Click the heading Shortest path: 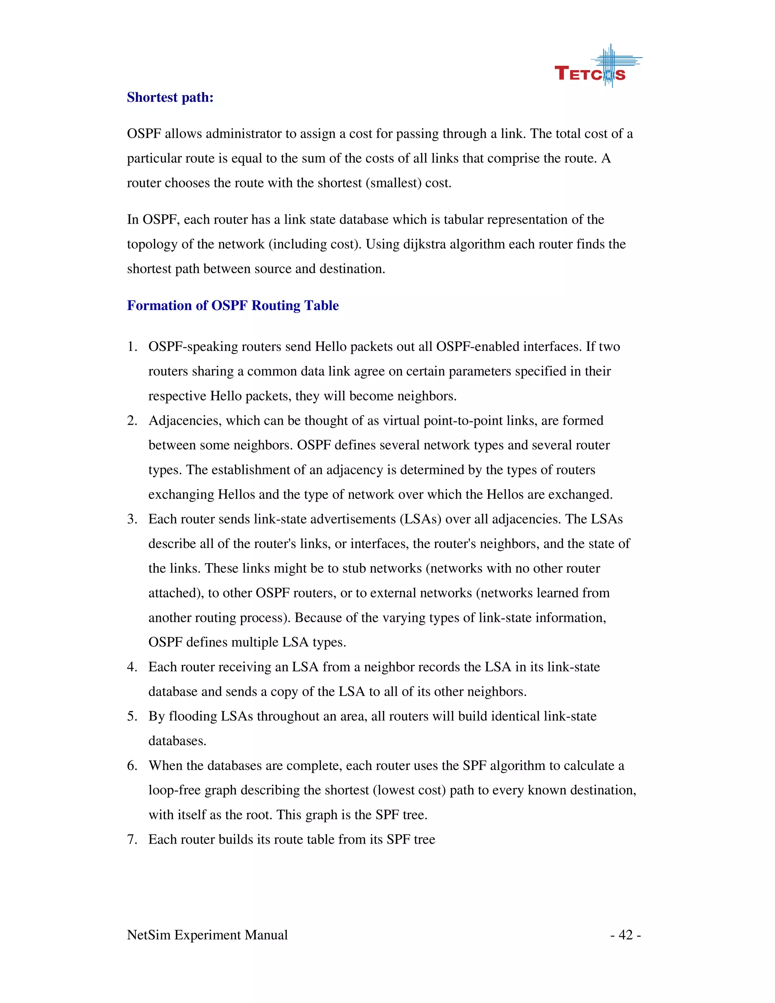point(170,97)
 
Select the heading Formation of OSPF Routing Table point(233,305)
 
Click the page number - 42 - point(625,934)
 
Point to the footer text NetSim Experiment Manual point(207,934)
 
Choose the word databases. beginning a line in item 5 point(177,741)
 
